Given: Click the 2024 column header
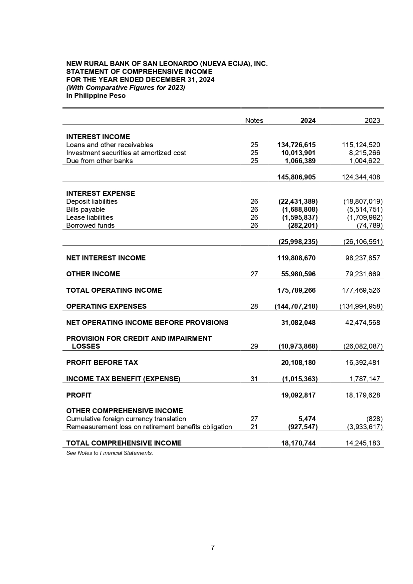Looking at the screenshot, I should [x=308, y=121].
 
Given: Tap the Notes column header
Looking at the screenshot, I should [x=254, y=121].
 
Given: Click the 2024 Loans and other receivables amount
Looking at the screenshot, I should [x=297, y=145].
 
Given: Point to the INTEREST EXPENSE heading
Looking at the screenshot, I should [x=101, y=193].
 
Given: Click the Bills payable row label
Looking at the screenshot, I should [x=86, y=209].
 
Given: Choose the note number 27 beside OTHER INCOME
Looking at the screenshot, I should [x=254, y=274].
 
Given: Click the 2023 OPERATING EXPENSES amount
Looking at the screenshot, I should [x=361, y=306].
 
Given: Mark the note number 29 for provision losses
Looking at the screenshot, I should [x=254, y=346].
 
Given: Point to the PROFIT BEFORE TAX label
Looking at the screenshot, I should [x=102, y=363].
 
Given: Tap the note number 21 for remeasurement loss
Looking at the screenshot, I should [x=254, y=427].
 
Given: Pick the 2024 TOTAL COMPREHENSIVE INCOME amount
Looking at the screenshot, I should [x=298, y=443].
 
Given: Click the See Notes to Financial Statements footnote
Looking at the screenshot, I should [x=109, y=453].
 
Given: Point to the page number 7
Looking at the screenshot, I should [x=213, y=547].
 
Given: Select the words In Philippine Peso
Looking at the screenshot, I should [x=96, y=96].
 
